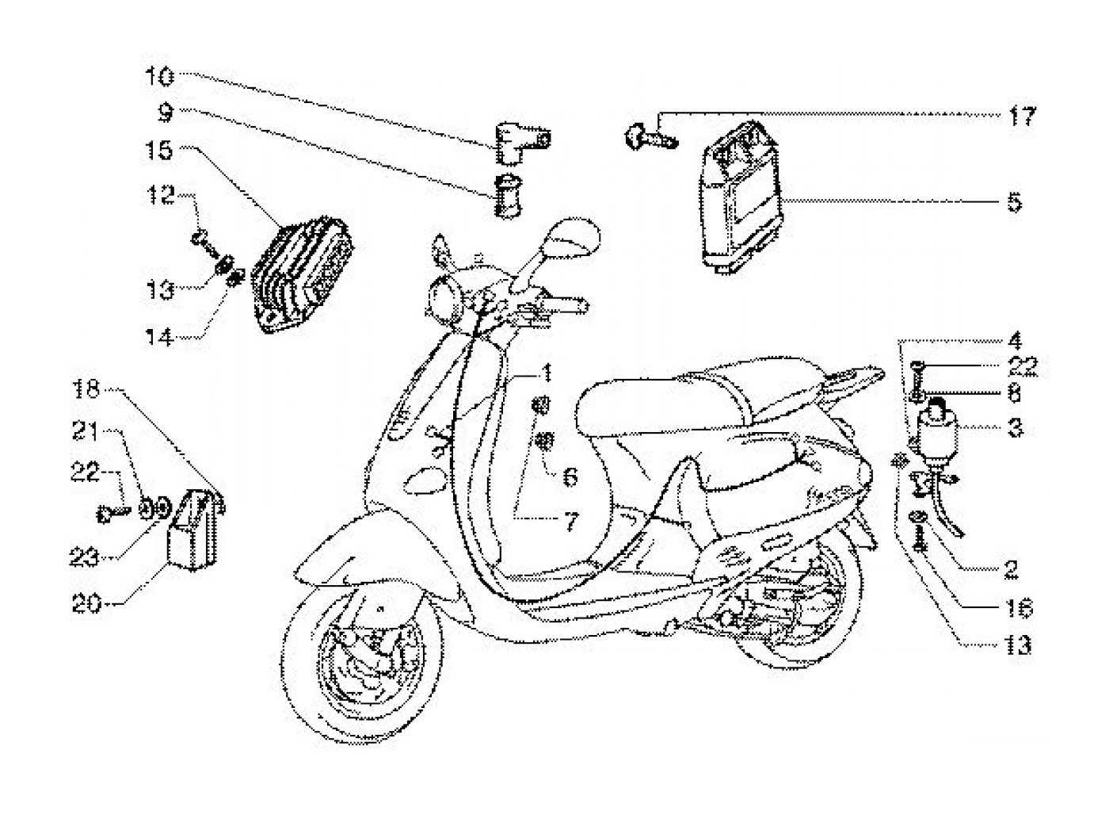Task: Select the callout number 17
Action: coord(1021,117)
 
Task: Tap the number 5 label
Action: coord(1014,202)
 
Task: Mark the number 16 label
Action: coord(1020,608)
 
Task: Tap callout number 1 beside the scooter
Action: coord(546,373)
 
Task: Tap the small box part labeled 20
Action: coord(192,531)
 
